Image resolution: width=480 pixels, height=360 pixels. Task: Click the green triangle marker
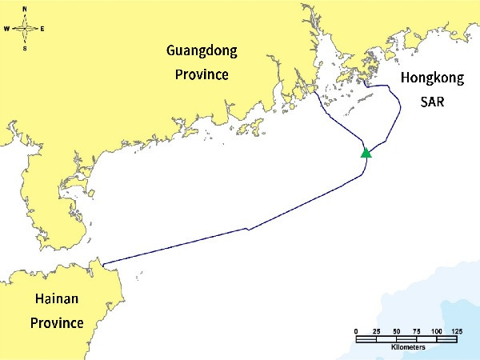366,152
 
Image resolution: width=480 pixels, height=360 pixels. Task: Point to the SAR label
433,102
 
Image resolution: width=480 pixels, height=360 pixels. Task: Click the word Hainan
56,300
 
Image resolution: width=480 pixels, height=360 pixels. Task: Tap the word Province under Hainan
56,323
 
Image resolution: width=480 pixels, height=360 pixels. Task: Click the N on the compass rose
25,8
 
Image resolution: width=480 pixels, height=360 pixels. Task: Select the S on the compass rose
25,48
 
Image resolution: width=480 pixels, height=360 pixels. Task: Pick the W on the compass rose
6,29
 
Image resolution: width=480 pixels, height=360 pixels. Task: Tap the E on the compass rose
42,29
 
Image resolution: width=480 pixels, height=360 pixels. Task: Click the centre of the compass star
25,28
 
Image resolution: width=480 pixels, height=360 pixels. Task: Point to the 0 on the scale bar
355,331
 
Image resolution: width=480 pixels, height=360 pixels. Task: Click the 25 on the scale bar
375,331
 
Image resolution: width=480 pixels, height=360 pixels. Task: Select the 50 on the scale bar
396,331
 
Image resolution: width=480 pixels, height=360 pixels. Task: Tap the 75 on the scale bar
416,331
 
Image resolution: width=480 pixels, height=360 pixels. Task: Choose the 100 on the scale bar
436,331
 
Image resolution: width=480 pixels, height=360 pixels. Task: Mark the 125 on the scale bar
457,331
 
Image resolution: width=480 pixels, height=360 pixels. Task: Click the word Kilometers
408,348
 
